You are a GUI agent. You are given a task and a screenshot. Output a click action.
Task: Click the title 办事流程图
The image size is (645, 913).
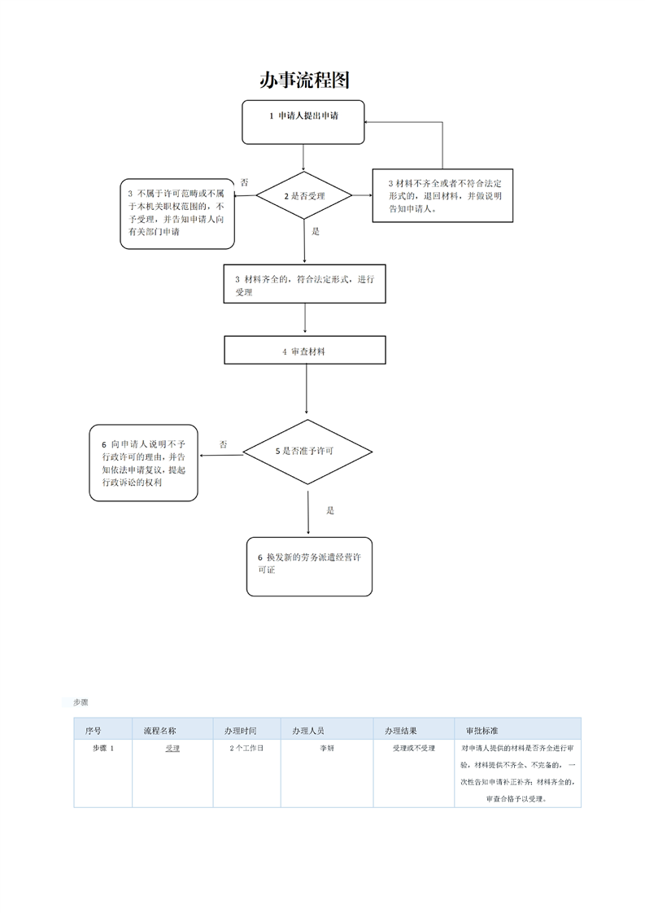pyautogui.click(x=304, y=81)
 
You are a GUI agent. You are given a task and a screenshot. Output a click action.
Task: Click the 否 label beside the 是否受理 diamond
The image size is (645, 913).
pyautogui.click(x=245, y=182)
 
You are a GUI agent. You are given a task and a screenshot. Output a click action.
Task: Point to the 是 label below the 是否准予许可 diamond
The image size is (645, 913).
pyautogui.click(x=330, y=511)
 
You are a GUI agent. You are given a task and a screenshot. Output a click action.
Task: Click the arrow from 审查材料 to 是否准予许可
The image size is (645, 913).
pyautogui.click(x=306, y=390)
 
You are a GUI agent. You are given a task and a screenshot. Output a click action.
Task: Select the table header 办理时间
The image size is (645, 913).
pyautogui.click(x=241, y=731)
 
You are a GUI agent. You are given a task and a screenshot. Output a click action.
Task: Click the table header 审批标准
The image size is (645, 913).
pyautogui.click(x=482, y=731)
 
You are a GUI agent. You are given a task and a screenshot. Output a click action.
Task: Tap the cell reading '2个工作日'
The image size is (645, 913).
pyautogui.click(x=246, y=748)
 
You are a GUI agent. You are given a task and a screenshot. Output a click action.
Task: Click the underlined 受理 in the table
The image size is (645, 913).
pyautogui.click(x=172, y=748)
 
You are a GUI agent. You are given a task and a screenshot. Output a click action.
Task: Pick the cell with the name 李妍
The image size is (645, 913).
pyautogui.click(x=327, y=748)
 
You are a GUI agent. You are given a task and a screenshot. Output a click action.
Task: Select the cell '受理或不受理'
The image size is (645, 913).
pyautogui.click(x=414, y=748)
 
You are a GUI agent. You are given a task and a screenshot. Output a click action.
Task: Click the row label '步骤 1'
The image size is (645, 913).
pyautogui.click(x=103, y=748)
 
